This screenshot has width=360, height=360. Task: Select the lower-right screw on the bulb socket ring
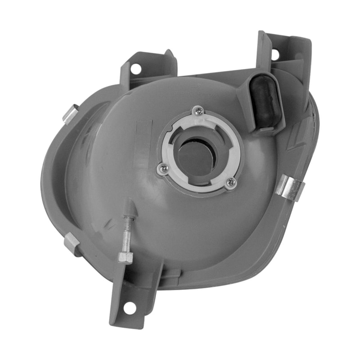(231, 182)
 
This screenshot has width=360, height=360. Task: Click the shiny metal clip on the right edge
(290, 187)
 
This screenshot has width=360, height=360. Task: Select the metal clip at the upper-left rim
(70, 113)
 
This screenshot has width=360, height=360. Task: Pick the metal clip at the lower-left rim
(72, 243)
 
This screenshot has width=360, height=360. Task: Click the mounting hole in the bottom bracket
(130, 308)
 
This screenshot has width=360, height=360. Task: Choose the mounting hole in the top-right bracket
(275, 54)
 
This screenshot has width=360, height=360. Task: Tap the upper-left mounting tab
(148, 67)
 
